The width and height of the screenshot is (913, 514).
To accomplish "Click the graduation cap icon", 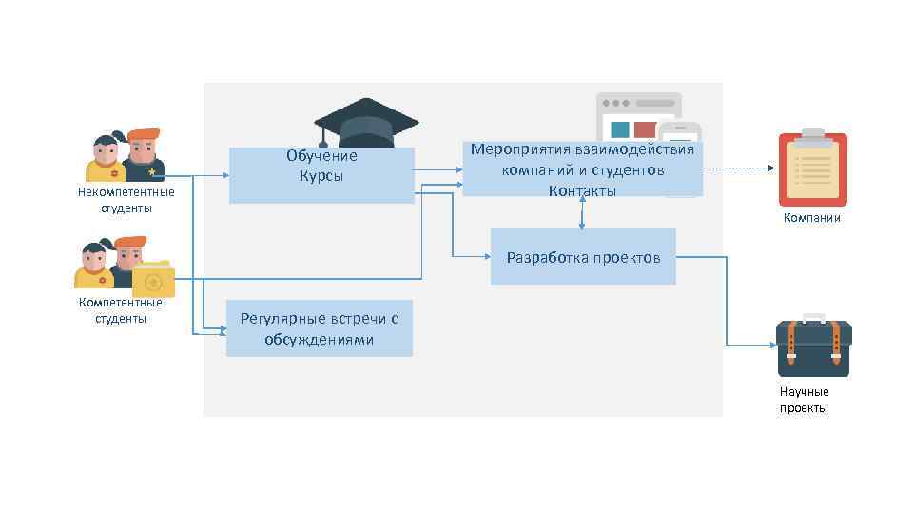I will (x=366, y=122).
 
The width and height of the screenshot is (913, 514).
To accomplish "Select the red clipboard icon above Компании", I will (x=812, y=168).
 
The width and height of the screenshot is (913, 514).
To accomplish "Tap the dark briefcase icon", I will (x=813, y=346).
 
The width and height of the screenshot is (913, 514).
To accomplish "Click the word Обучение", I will (x=321, y=156).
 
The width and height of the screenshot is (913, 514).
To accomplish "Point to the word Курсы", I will (x=321, y=176).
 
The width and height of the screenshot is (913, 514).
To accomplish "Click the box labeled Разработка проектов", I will (x=583, y=257).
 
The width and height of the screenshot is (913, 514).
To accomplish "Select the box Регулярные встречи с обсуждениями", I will (x=319, y=328).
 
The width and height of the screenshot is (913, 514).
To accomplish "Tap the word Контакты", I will (x=582, y=191).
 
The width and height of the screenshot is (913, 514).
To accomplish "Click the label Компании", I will (x=812, y=218).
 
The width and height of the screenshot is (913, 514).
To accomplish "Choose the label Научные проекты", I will (x=805, y=400).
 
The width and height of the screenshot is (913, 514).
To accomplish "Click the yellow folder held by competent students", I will (x=152, y=278).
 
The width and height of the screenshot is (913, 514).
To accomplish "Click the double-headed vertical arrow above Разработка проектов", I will (x=582, y=212).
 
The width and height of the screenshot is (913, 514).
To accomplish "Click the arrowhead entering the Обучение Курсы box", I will (x=224, y=176).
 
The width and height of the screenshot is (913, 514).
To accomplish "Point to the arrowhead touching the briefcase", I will (x=771, y=346).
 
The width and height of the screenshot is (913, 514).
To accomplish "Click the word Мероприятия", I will (x=519, y=149).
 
